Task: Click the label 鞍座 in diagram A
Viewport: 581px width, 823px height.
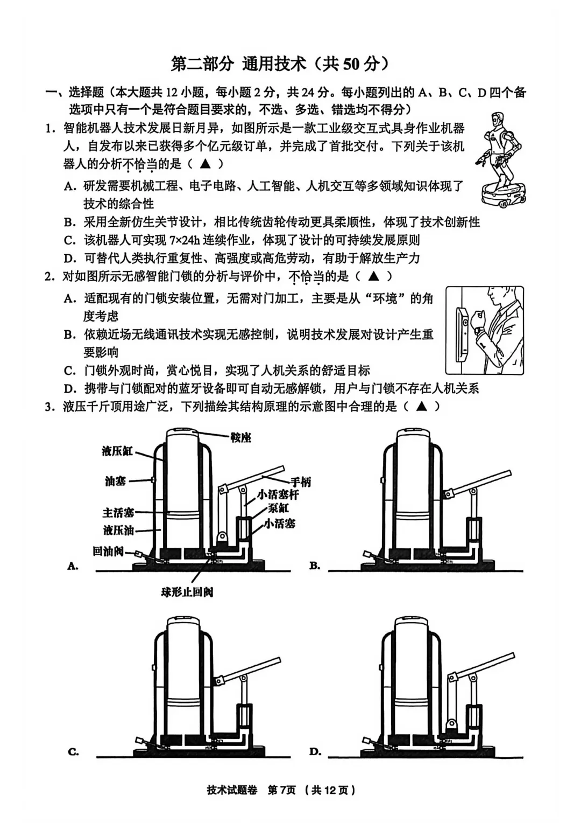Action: [240, 437]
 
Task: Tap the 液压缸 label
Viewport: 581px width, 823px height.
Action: [117, 451]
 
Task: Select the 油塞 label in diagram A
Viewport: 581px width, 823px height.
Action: [115, 480]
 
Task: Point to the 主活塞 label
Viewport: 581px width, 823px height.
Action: [118, 512]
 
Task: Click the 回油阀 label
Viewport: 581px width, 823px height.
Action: [108, 550]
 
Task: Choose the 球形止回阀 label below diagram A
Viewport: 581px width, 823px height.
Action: [187, 592]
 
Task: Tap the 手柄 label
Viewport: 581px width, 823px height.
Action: [301, 482]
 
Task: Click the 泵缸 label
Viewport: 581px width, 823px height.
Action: [278, 508]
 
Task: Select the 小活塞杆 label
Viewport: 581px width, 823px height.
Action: [278, 494]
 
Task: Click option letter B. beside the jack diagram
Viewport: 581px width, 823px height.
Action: [315, 566]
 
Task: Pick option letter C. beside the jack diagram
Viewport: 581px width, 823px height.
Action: [74, 752]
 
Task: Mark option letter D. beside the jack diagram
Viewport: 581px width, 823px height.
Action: [315, 752]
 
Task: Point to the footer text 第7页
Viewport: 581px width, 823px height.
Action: [281, 790]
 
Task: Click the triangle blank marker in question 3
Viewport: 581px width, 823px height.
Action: [421, 406]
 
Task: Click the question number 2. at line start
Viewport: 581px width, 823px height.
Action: [50, 277]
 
